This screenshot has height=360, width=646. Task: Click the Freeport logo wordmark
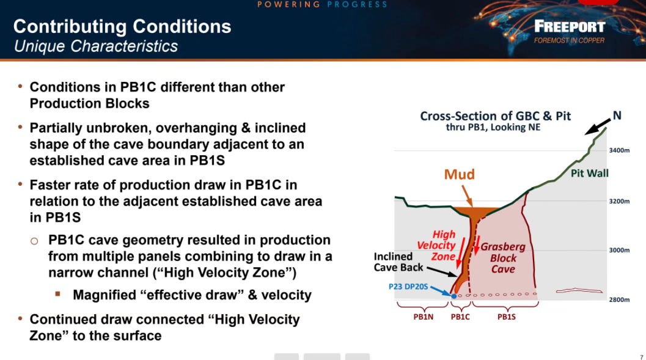click(x=570, y=27)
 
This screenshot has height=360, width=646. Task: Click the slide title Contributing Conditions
click(x=122, y=26)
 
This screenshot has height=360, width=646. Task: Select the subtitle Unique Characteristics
click(x=96, y=46)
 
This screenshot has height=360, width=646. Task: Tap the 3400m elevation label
click(x=619, y=150)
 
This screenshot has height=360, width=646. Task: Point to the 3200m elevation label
click(x=619, y=201)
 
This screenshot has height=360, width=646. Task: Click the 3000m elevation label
click(x=619, y=250)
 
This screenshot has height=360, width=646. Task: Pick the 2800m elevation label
click(x=619, y=299)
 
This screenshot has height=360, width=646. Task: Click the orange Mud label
click(x=460, y=174)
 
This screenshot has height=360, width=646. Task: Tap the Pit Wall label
click(x=590, y=174)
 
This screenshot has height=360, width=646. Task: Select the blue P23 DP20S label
click(x=408, y=286)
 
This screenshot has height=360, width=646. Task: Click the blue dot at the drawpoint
click(x=454, y=296)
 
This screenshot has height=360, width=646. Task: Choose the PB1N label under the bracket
click(x=423, y=317)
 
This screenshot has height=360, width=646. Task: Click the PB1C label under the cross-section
click(x=460, y=317)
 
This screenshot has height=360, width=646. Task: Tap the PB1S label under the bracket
click(x=506, y=317)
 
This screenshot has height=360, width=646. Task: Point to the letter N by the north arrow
click(x=617, y=116)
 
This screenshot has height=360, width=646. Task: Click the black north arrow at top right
click(x=597, y=127)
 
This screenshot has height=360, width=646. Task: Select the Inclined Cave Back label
click(x=398, y=262)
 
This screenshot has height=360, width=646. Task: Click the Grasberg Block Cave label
click(x=503, y=258)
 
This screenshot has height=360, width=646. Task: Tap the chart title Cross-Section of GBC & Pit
click(x=495, y=116)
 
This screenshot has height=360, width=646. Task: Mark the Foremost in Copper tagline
click(x=570, y=40)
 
